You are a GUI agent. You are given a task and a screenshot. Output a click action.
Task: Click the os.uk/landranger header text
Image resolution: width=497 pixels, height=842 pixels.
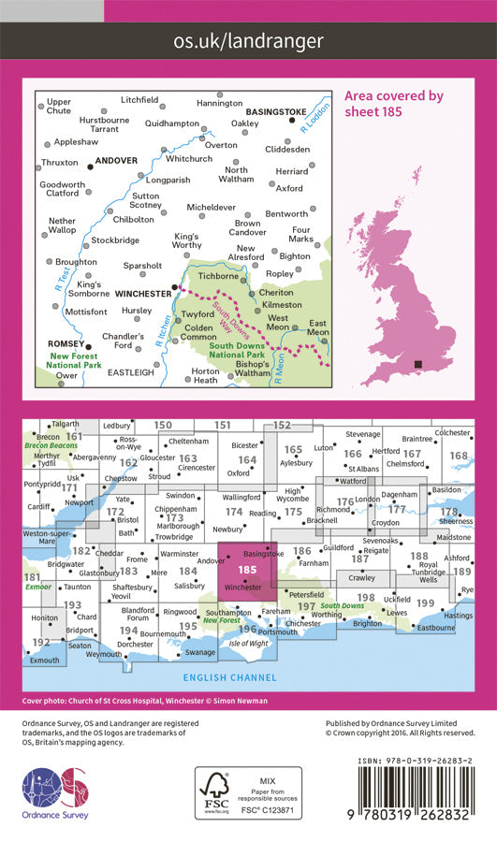point(248,40)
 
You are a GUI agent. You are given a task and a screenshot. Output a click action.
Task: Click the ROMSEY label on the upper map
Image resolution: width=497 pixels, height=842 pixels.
point(65,344)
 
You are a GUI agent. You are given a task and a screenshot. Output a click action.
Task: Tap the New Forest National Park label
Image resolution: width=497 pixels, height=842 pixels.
point(74,362)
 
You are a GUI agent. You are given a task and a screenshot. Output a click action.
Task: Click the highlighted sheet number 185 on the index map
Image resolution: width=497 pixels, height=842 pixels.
point(247,569)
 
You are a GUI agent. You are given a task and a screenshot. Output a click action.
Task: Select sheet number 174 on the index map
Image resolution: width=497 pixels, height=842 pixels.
point(234,512)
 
